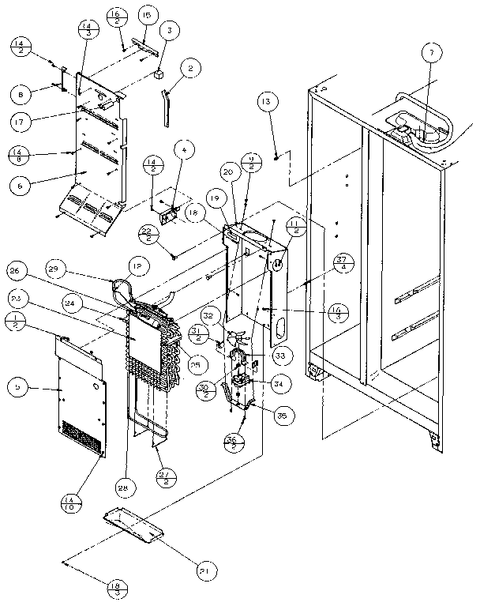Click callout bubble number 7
coord(430,55)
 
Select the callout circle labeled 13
coord(267,101)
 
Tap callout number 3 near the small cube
coord(167,31)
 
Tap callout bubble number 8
coord(21,93)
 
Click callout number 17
coord(21,123)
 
